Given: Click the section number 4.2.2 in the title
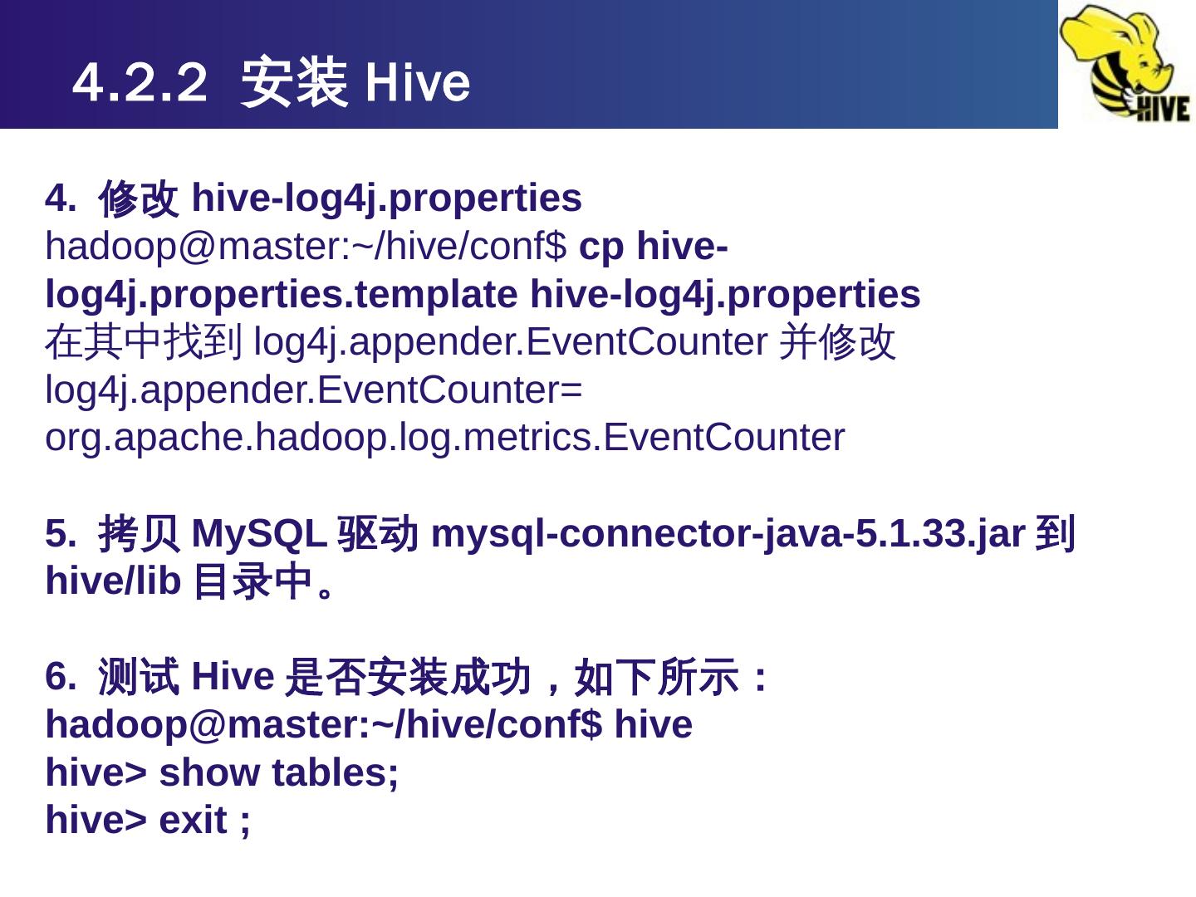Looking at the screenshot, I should tap(139, 83).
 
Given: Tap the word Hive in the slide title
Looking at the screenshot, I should tap(417, 83).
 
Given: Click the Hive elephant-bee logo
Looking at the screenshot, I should tap(1126, 64).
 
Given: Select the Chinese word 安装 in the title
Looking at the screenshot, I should tap(293, 83).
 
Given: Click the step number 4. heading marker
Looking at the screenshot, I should tap(60, 199).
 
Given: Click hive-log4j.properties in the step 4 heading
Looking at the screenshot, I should tap(386, 199).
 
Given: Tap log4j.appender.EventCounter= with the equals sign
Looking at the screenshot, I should tap(314, 390).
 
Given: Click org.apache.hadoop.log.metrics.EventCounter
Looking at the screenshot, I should tap(444, 438).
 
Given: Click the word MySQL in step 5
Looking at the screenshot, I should tap(258, 534).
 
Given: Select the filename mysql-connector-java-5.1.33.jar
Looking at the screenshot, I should tap(728, 534).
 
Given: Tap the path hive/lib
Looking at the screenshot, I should tap(112, 581).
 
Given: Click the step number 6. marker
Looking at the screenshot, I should tap(60, 677).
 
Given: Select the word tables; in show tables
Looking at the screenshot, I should tap(335, 773).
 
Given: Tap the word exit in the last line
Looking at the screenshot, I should tap(193, 821).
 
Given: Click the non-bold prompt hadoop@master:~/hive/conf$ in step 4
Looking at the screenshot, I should tap(306, 247).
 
